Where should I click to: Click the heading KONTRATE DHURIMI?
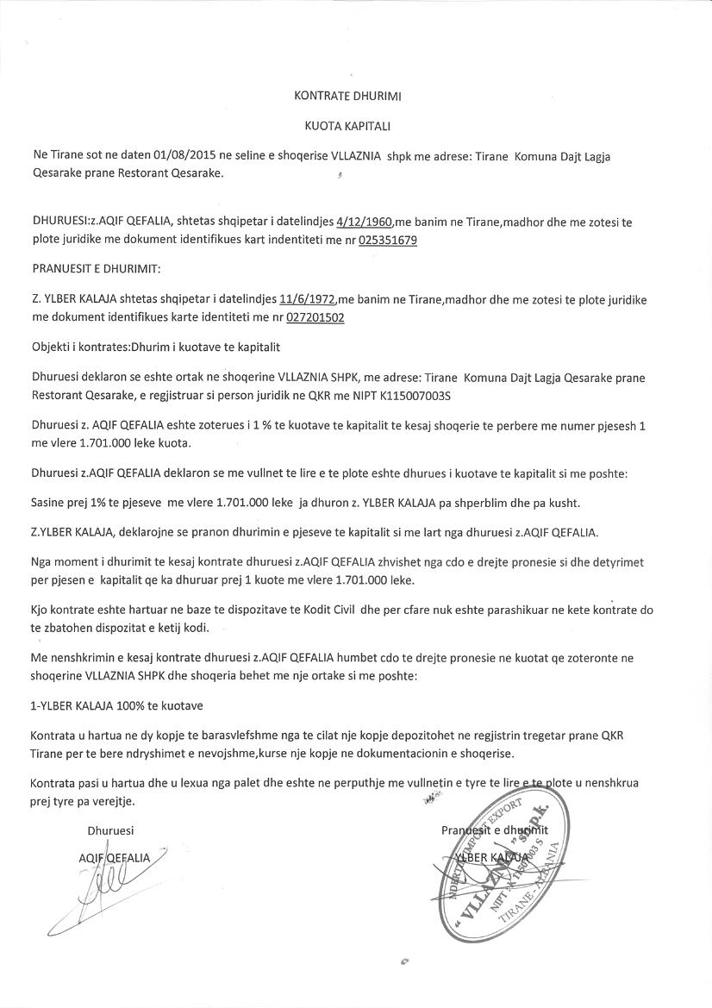[347, 97]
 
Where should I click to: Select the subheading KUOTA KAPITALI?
[347, 126]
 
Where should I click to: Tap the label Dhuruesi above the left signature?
[110, 831]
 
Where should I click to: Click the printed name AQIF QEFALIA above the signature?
[114, 858]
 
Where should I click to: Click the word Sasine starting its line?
[50, 503]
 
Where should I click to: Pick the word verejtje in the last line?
[116, 801]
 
